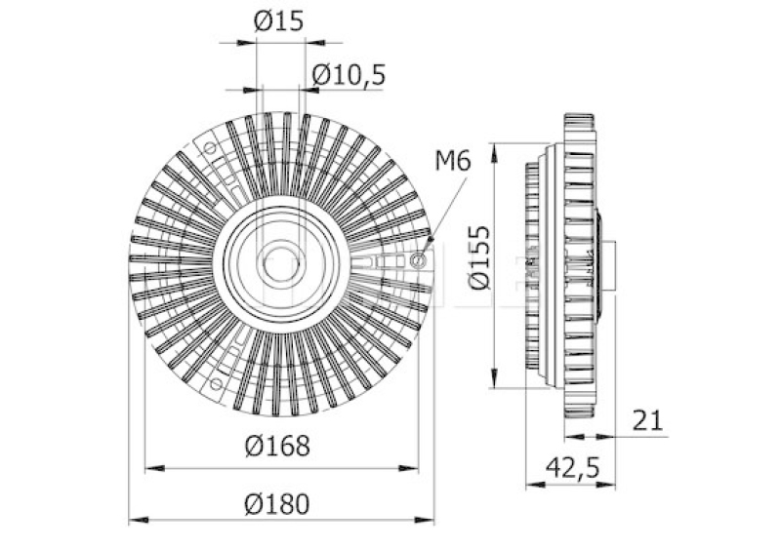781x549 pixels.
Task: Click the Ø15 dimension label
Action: point(278,21)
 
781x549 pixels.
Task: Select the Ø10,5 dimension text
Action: point(349,75)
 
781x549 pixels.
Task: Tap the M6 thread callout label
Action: point(453,161)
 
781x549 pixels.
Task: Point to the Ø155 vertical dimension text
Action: point(479,257)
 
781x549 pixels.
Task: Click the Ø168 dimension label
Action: point(277,446)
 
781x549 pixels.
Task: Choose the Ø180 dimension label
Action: point(277,504)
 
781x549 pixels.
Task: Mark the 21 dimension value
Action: point(647,420)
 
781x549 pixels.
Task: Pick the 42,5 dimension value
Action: point(573,468)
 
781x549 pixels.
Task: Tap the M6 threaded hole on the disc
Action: point(418,259)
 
